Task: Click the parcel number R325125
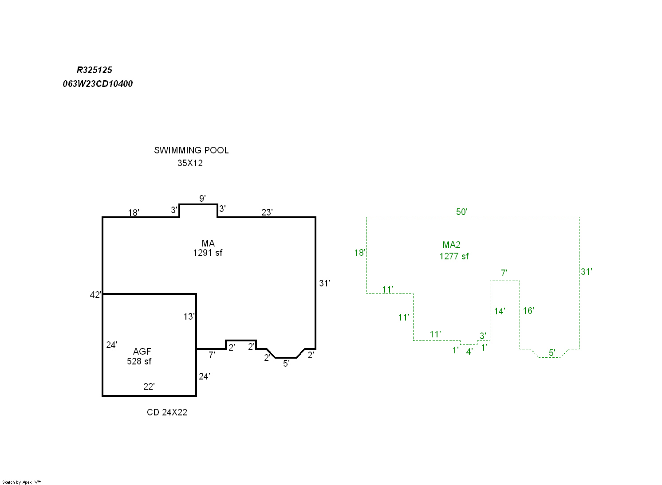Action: (x=95, y=70)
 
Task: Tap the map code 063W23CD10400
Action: (x=98, y=84)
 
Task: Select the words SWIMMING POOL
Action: (x=191, y=150)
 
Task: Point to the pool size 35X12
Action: (x=190, y=163)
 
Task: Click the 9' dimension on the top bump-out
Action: (x=202, y=199)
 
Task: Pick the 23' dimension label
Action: (x=267, y=212)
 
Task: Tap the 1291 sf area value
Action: (x=208, y=253)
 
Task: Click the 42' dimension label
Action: (x=95, y=295)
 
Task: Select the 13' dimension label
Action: (x=189, y=317)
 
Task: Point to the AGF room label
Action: (x=142, y=352)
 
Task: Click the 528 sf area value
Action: (x=139, y=361)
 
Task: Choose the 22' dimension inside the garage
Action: (x=149, y=387)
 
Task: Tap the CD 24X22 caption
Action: (x=167, y=412)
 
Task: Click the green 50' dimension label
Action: (x=462, y=212)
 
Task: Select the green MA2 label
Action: (x=452, y=245)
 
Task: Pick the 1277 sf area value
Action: (x=454, y=256)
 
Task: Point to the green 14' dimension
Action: (x=500, y=311)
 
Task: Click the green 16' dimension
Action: (x=528, y=311)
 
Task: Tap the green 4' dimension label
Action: (x=469, y=352)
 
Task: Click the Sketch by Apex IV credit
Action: (x=22, y=482)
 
